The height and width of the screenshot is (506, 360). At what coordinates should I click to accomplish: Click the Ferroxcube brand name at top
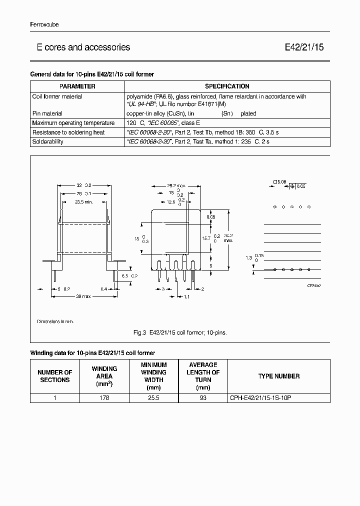pyautogui.click(x=44, y=24)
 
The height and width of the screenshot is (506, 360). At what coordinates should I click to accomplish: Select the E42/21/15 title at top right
pyautogui.click(x=304, y=47)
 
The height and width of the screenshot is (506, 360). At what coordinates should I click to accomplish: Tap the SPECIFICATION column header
pyautogui.click(x=227, y=86)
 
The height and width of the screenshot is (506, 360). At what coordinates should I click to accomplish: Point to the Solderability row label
pyautogui.click(x=48, y=142)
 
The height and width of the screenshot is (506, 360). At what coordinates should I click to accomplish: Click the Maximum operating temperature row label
pyautogui.click(x=73, y=123)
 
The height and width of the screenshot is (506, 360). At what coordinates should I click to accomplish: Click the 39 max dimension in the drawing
pyautogui.click(x=82, y=297)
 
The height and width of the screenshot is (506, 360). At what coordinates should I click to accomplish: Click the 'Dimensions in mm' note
pyautogui.click(x=55, y=321)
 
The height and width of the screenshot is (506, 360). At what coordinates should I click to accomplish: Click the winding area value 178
pyautogui.click(x=104, y=398)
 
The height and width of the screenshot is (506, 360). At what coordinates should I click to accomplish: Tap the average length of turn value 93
pyautogui.click(x=202, y=398)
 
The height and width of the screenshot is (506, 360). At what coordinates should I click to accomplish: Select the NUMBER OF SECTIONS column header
pyautogui.click(x=55, y=376)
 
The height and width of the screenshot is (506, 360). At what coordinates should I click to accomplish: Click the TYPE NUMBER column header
pyautogui.click(x=278, y=376)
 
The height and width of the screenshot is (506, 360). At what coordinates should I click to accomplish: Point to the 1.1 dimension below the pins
pyautogui.click(x=186, y=297)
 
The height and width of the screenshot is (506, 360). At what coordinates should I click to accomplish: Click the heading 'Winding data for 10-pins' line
pyautogui.click(x=93, y=353)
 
